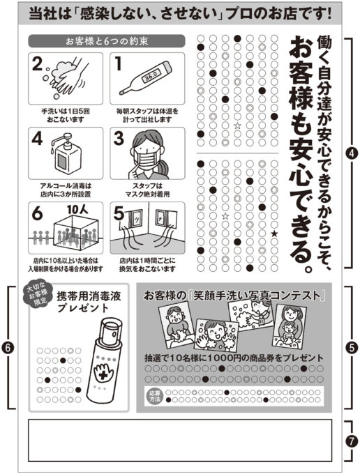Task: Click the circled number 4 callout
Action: [x=351, y=153]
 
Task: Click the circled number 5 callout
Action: [x=351, y=348]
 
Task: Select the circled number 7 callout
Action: [x=351, y=441]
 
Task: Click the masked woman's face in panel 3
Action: [x=147, y=153]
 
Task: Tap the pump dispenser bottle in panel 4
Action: [x=66, y=153]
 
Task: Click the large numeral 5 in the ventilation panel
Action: [x=119, y=214]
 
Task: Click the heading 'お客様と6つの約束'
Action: [x=107, y=41]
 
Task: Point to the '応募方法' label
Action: [x=155, y=396]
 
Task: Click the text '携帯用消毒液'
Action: [x=89, y=296]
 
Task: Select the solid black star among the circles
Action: [x=274, y=233]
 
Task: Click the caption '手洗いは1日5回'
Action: [x=66, y=112]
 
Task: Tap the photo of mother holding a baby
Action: [x=287, y=326]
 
